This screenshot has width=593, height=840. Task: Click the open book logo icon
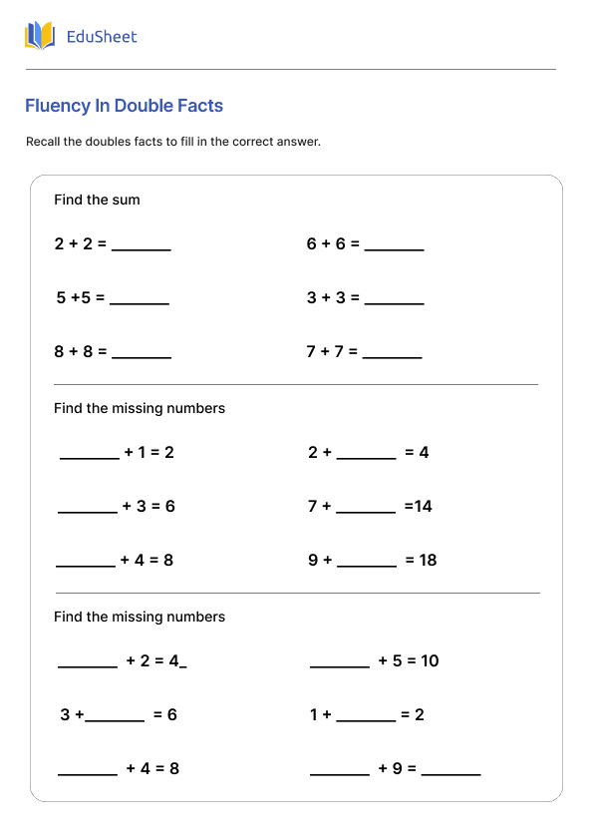pos(40,36)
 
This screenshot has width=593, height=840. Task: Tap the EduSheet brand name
pos(101,37)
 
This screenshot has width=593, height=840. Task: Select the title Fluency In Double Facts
pos(124,106)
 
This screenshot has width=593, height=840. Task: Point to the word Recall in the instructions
pos(46,142)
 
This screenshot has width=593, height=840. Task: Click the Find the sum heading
pos(97,200)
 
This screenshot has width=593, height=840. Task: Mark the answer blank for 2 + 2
pos(141,247)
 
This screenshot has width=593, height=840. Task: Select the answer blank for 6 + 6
pos(394,247)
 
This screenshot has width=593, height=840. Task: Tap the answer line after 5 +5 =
pos(139,301)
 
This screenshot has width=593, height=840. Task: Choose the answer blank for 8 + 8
pos(141,355)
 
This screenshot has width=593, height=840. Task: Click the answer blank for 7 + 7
pos(392,355)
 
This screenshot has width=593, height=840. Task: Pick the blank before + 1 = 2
pos(90,457)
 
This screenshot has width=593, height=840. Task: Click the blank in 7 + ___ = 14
pos(366,511)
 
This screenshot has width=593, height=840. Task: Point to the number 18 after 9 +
pos(428,560)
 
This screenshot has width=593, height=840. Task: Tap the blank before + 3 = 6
pos(88,511)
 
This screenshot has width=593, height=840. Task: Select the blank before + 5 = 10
pos(340,665)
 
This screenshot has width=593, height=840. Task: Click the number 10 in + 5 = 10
pos(429,660)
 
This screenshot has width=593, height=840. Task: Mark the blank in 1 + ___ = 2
pos(366,719)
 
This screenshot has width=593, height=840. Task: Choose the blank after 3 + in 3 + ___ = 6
pos(115,719)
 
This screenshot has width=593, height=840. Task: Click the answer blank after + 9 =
pos(450,773)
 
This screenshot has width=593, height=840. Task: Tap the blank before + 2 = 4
pos(88,665)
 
